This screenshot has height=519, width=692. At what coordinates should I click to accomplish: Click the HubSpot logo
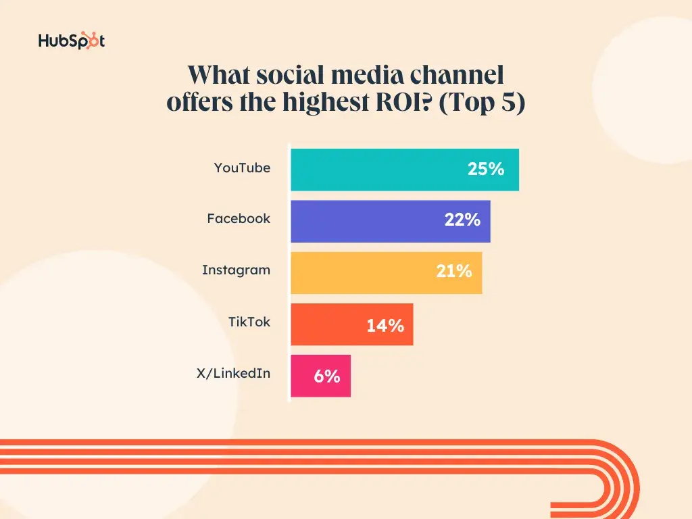click(72, 41)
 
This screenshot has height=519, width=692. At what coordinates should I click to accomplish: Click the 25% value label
click(486, 170)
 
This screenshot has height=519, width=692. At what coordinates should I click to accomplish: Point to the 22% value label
click(462, 220)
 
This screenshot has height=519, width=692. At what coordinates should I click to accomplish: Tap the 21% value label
click(453, 272)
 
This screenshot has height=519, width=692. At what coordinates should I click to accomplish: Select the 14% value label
click(385, 326)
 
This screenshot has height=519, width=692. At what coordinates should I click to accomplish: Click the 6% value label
click(327, 376)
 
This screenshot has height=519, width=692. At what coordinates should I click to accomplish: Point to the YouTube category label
click(242, 168)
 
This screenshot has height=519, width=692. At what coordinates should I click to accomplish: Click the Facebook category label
click(239, 219)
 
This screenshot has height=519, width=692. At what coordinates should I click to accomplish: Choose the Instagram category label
click(236, 270)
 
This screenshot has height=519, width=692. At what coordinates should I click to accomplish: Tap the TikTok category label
click(249, 322)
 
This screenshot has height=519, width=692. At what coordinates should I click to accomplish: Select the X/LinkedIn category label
click(233, 373)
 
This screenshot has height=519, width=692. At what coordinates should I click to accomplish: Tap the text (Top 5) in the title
click(481, 105)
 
